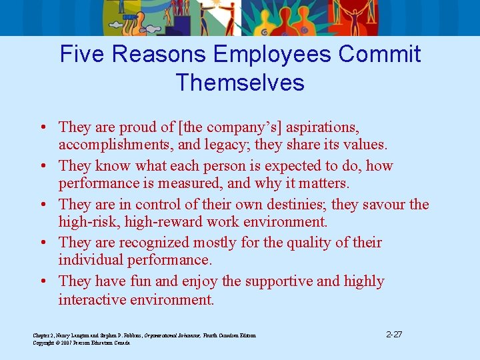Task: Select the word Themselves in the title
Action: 240,83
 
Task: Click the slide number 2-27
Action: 394,334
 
